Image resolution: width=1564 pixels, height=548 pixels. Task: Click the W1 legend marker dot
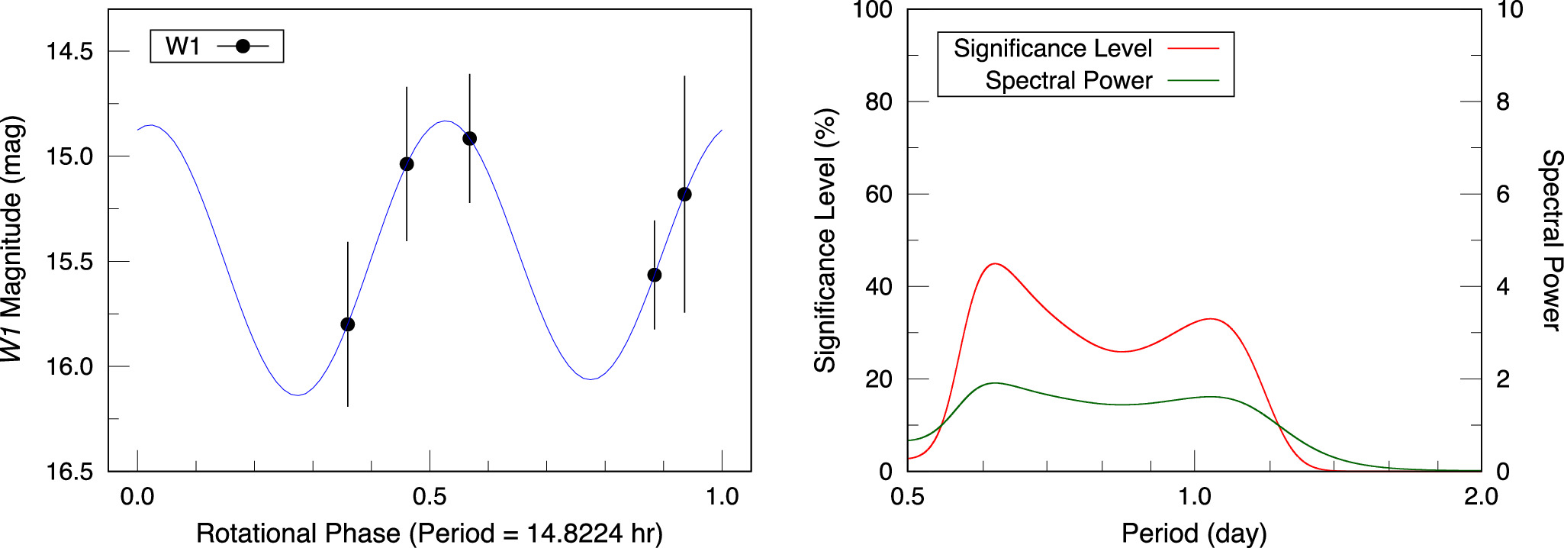coord(243,47)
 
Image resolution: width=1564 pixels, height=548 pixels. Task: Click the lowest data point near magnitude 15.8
coord(347,324)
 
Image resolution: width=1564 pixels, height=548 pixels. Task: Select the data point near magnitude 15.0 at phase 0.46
coord(407,164)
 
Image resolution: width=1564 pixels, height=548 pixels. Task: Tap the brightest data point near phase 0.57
coord(470,139)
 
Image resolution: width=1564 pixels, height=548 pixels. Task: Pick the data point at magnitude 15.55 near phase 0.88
coord(654,275)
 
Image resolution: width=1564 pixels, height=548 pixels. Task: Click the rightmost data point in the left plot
coord(684,195)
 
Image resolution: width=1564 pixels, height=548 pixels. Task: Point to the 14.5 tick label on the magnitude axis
coord(69,52)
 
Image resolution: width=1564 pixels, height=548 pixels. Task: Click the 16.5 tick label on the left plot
coord(69,472)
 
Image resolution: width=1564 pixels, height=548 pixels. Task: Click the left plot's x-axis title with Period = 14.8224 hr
coord(429,533)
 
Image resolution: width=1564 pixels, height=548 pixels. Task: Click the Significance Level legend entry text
coord(1052,49)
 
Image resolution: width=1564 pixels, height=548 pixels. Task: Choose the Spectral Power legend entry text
coord(1068,81)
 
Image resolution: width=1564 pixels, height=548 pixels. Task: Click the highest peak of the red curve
coord(994,264)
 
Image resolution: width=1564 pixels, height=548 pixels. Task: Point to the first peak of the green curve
coord(994,383)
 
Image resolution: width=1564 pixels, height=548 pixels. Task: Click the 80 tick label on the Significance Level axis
coord(878,102)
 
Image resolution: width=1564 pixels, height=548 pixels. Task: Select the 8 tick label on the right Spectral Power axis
coord(1502,102)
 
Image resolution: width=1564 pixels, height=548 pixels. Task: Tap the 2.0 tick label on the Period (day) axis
coord(1480,498)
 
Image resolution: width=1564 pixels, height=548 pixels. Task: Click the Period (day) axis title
coord(1193,533)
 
